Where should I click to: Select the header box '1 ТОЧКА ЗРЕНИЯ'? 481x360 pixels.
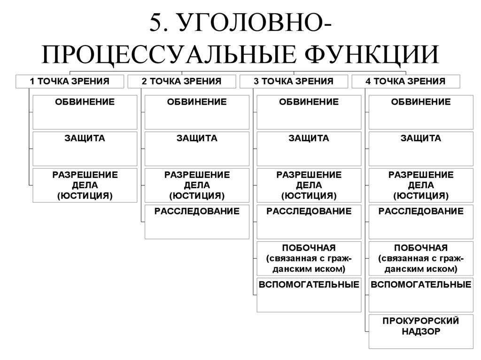pos(70,81)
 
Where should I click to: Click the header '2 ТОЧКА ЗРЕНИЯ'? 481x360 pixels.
pos(181,81)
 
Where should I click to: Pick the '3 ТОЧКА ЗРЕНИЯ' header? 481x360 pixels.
pos(294,81)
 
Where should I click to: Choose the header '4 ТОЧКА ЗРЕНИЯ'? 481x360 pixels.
pos(405,81)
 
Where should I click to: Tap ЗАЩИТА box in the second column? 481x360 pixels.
pos(197,148)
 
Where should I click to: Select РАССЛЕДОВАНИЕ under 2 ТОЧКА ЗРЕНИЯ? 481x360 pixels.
pos(197,222)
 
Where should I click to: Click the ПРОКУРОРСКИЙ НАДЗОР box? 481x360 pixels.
pos(421,331)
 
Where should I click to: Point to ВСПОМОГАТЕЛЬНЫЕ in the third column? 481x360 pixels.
pos(309,295)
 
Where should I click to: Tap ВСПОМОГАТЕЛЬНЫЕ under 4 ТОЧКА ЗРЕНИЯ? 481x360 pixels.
pos(421,295)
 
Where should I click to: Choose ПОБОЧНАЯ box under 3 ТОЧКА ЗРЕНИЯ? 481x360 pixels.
pos(309,258)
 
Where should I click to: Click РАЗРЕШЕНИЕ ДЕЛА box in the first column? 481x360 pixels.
pos(85,185)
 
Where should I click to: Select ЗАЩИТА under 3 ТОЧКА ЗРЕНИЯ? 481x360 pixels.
pos(309,148)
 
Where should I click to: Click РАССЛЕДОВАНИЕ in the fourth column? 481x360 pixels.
pos(421,222)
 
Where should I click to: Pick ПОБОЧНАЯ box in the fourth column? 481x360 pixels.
pos(421,258)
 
